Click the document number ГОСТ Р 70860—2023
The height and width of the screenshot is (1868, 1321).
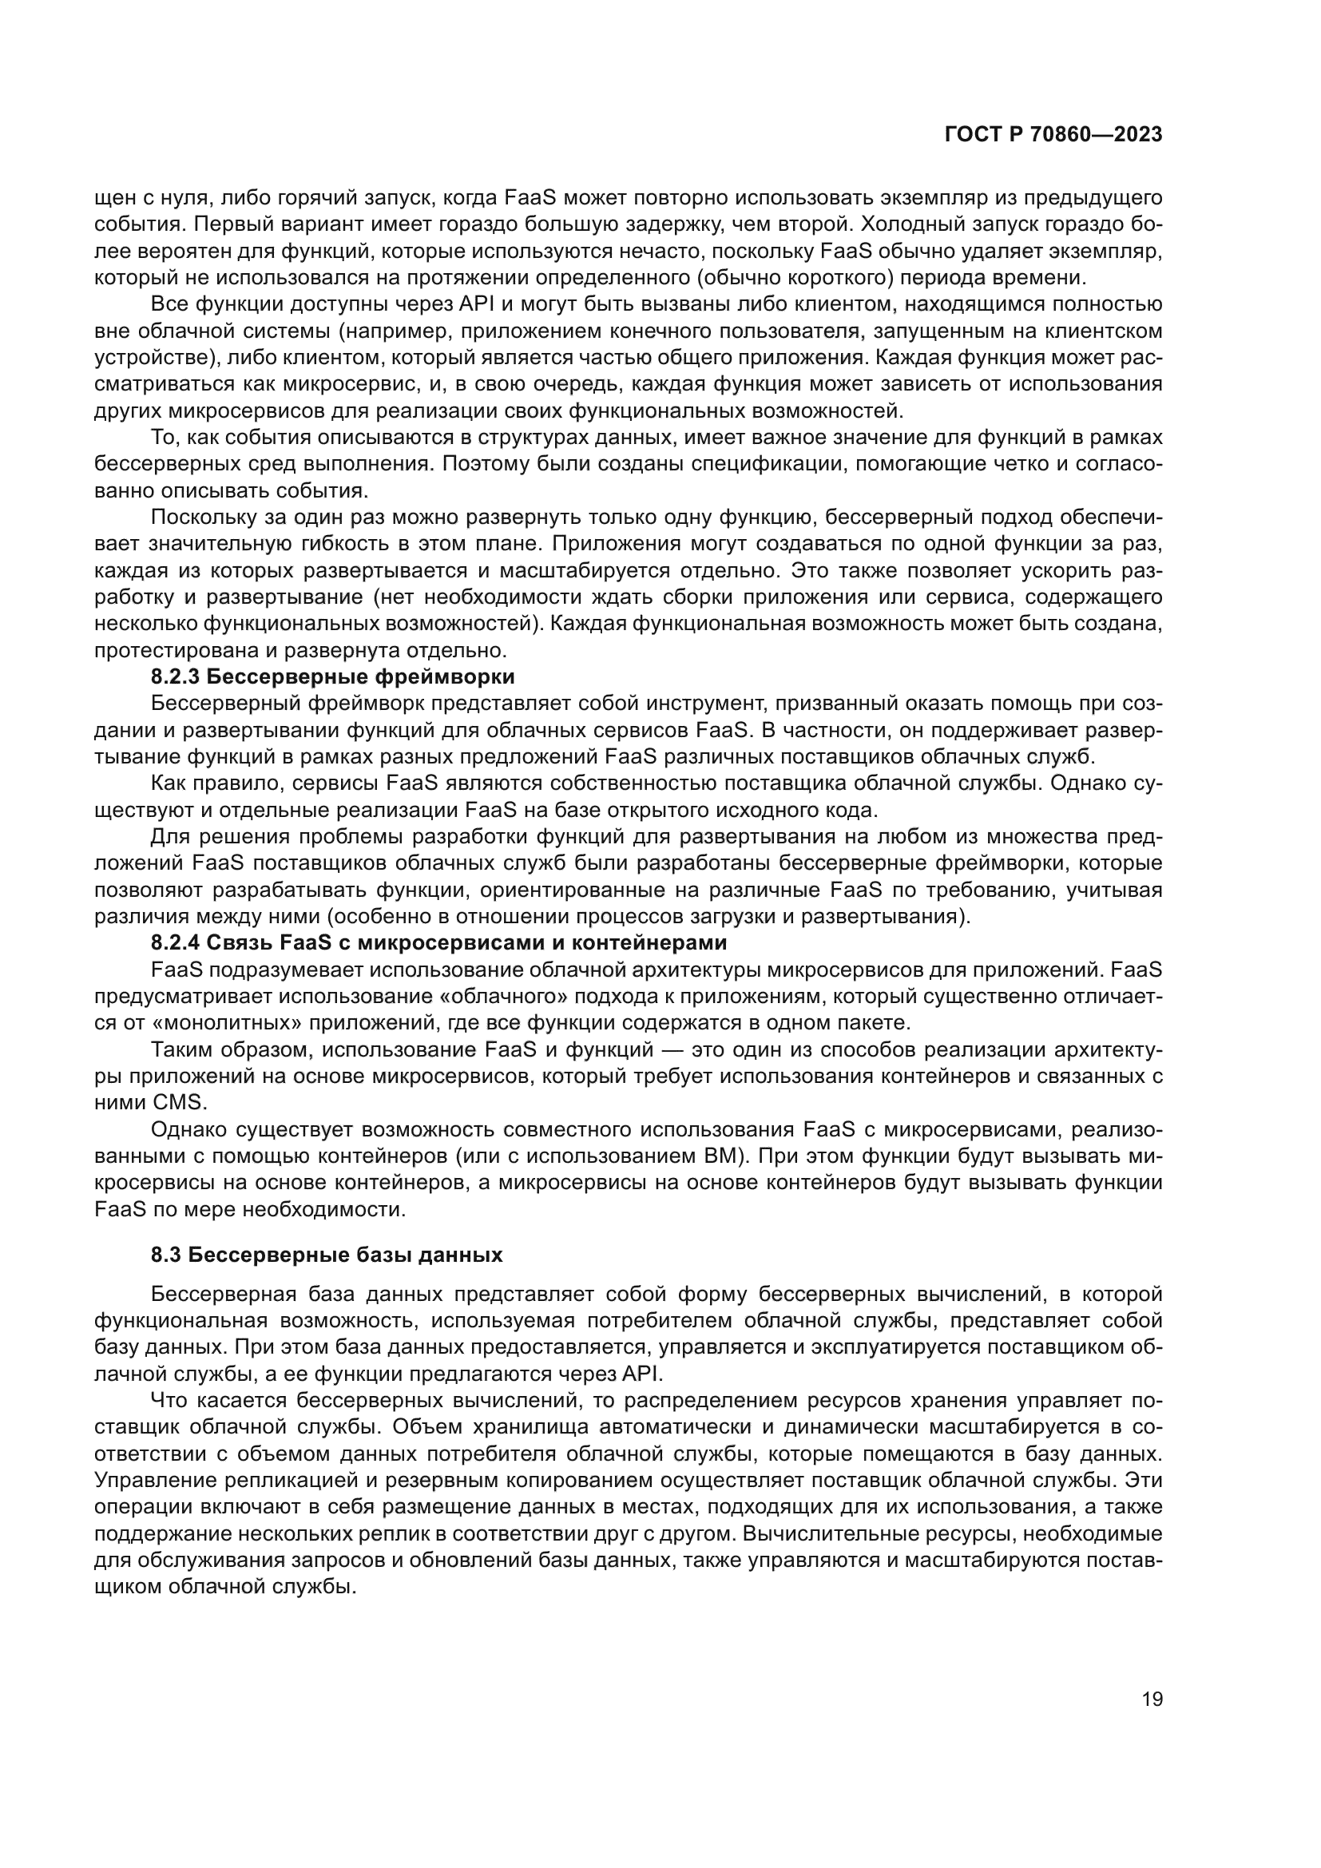(1053, 135)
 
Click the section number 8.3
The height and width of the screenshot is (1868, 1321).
(165, 1255)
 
